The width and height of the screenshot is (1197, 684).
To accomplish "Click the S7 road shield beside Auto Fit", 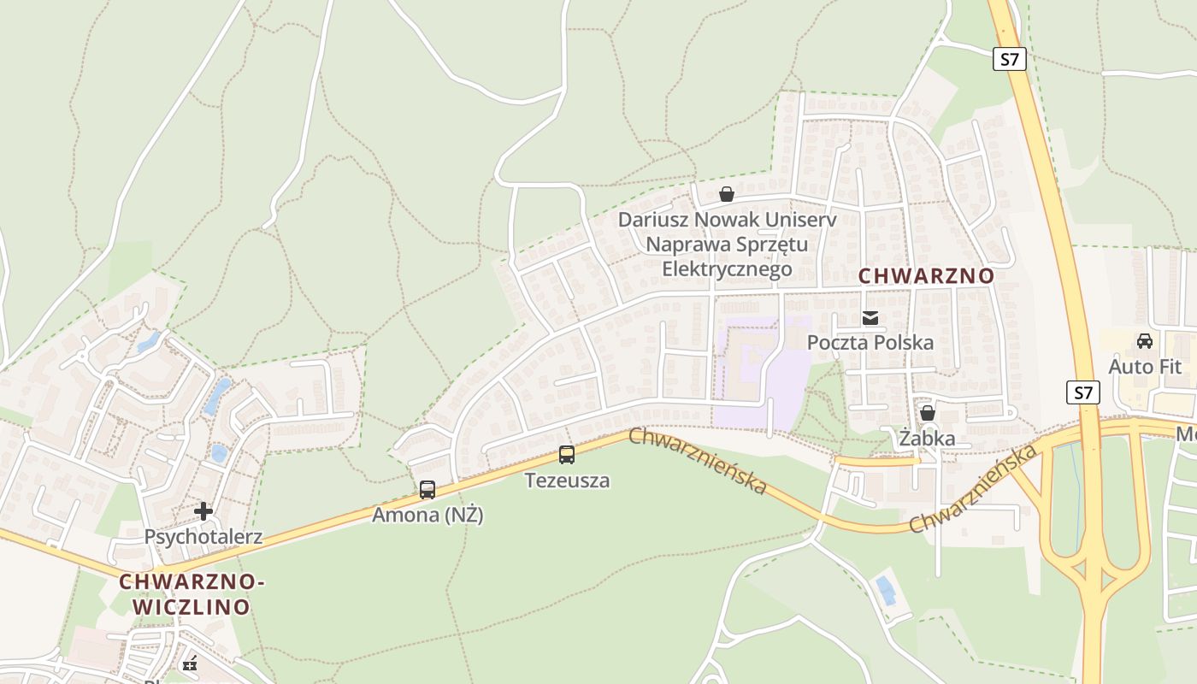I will click(1083, 392).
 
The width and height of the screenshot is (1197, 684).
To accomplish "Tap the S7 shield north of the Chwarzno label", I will click(1010, 59).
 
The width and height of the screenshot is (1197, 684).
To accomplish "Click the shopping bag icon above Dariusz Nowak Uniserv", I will click(726, 194).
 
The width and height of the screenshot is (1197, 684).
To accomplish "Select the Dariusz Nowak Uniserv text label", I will click(726, 245).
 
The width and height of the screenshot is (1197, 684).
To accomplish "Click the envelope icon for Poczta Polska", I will click(870, 318).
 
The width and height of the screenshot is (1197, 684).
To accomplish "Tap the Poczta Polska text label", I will click(870, 343).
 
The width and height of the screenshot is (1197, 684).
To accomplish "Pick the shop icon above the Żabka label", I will click(928, 414).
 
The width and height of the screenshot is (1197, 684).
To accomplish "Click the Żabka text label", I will click(927, 439).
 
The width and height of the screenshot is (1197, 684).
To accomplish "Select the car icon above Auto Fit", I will click(1144, 341).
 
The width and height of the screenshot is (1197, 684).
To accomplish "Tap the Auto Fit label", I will click(1145, 367).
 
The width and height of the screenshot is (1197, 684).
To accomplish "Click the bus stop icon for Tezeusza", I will click(567, 454).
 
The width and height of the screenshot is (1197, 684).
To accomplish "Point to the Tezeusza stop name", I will click(568, 481).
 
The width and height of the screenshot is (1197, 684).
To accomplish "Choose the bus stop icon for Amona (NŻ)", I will click(427, 490).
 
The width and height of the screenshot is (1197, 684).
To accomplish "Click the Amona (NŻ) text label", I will click(427, 516).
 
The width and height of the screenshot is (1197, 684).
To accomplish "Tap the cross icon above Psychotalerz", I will click(203, 511).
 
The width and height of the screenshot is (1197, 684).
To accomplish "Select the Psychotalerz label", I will click(203, 537).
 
